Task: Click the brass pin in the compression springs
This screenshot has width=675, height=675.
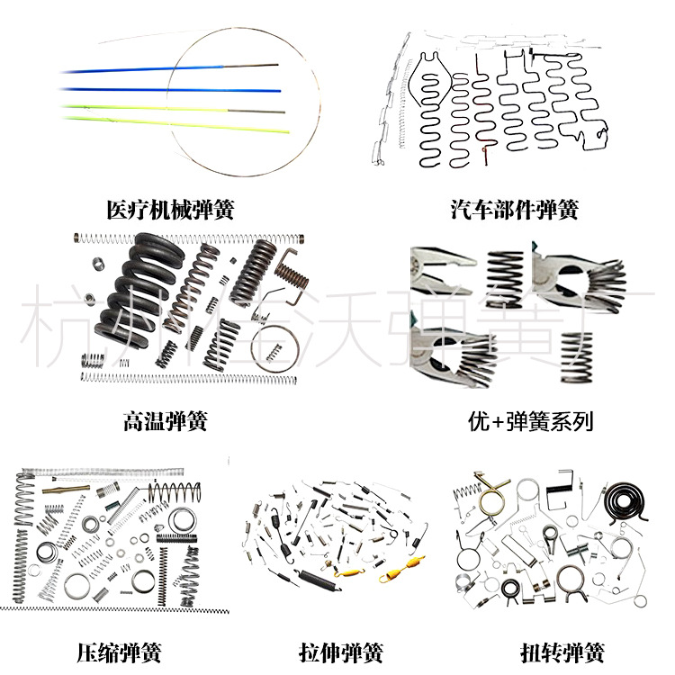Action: pyautogui.click(x=70, y=491)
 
